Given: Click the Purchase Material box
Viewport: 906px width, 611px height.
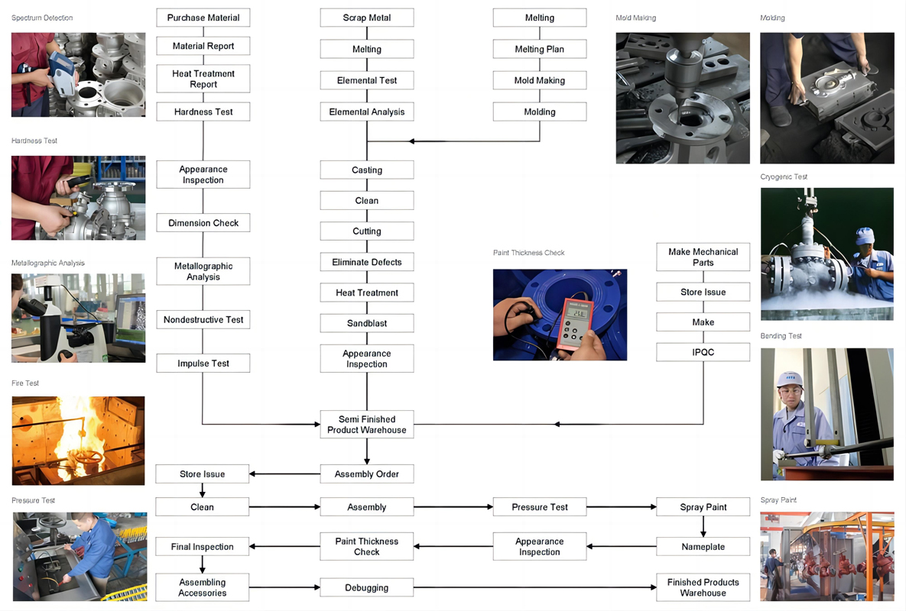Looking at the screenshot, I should [203, 18].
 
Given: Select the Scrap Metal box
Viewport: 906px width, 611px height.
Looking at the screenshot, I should [367, 18].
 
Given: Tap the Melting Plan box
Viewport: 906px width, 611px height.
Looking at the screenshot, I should [540, 49].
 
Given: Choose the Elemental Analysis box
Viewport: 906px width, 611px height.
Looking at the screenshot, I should [367, 112].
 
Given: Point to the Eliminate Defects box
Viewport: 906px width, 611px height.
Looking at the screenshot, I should [367, 262].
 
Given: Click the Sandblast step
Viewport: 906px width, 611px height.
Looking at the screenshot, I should [367, 323].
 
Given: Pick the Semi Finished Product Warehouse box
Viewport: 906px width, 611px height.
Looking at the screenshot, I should [367, 425].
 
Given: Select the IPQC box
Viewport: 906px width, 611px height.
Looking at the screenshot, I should [703, 352].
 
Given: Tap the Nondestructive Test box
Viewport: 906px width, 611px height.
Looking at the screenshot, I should [203, 319].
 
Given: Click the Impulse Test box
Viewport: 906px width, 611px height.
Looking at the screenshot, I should [203, 364].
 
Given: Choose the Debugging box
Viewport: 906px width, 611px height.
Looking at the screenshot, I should [367, 587].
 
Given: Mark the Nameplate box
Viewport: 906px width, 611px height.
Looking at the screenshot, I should [703, 547].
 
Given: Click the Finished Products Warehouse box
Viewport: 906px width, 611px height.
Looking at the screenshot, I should [703, 587].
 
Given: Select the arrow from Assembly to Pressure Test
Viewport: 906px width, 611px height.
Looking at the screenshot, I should [453, 506].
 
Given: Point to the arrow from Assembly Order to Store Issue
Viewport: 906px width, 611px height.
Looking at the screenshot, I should [284, 474].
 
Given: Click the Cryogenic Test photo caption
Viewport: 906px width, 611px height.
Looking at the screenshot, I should [784, 177].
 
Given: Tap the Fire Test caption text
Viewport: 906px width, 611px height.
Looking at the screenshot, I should [25, 383].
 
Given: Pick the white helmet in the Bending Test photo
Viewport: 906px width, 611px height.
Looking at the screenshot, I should [789, 378].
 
